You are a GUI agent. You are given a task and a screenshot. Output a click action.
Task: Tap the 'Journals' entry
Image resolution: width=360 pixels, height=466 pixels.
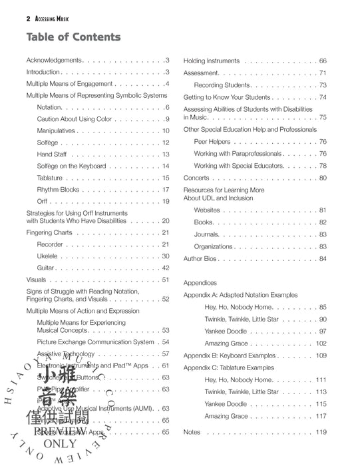(x=206, y=234)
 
